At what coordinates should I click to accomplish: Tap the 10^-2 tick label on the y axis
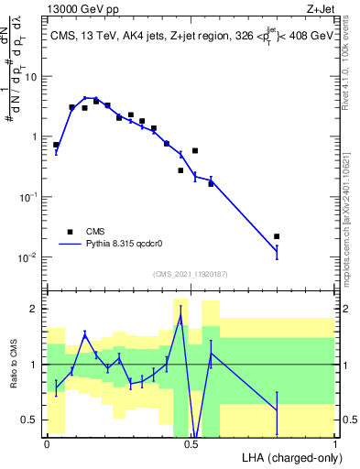[29, 257]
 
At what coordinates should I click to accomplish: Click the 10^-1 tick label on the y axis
[29, 197]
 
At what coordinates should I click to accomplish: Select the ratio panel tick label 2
[37, 309]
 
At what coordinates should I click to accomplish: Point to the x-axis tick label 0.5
[191, 443]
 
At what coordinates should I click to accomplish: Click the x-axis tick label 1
[335, 443]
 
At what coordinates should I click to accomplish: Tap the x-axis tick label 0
[47, 443]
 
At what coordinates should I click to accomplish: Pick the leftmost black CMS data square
[56, 145]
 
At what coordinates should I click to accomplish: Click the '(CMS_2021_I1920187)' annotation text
[190, 274]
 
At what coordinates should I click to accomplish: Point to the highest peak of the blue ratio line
[180, 317]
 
